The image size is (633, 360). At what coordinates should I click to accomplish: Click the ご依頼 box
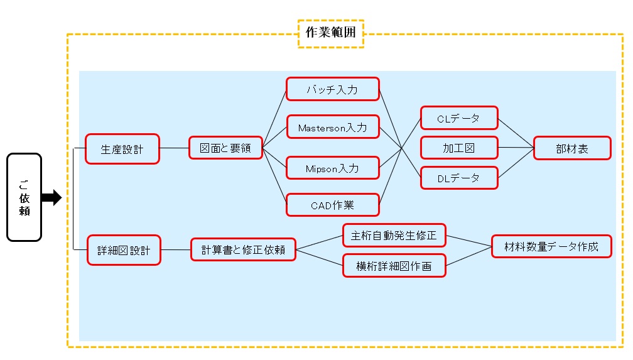pyautogui.click(x=24, y=197)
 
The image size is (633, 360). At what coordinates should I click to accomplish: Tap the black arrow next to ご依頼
pyautogui.click(x=51, y=198)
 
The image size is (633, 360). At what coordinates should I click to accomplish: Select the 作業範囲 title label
pyautogui.click(x=330, y=33)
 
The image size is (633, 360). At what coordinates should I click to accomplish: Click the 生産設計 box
pyautogui.click(x=122, y=149)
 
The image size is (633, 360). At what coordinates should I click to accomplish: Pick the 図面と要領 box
pyautogui.click(x=225, y=148)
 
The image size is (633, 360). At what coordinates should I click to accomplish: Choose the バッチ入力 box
pyautogui.click(x=333, y=89)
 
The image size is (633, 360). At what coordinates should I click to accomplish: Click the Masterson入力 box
pyautogui.click(x=333, y=128)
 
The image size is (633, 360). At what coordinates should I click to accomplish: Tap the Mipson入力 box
pyautogui.click(x=333, y=168)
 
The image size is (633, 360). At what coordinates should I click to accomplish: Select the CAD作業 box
pyautogui.click(x=333, y=205)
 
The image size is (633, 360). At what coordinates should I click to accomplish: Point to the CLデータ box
pyautogui.click(x=458, y=118)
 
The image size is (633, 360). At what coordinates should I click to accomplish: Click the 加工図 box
pyautogui.click(x=458, y=148)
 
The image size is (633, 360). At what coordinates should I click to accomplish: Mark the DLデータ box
pyautogui.click(x=458, y=178)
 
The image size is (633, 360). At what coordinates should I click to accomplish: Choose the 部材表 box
pyautogui.click(x=572, y=148)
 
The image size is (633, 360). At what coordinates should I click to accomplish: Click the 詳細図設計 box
pyautogui.click(x=124, y=250)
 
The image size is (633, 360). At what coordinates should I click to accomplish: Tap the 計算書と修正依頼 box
pyautogui.click(x=243, y=249)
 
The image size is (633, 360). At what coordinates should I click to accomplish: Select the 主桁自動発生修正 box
pyautogui.click(x=394, y=236)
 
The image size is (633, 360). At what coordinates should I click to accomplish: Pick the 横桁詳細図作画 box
pyautogui.click(x=394, y=266)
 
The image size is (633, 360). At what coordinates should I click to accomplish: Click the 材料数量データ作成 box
pyautogui.click(x=551, y=247)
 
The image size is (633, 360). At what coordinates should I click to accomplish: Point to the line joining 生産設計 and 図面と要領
pyautogui.click(x=175, y=148)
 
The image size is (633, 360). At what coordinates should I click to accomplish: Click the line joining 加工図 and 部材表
pyautogui.click(x=516, y=148)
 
